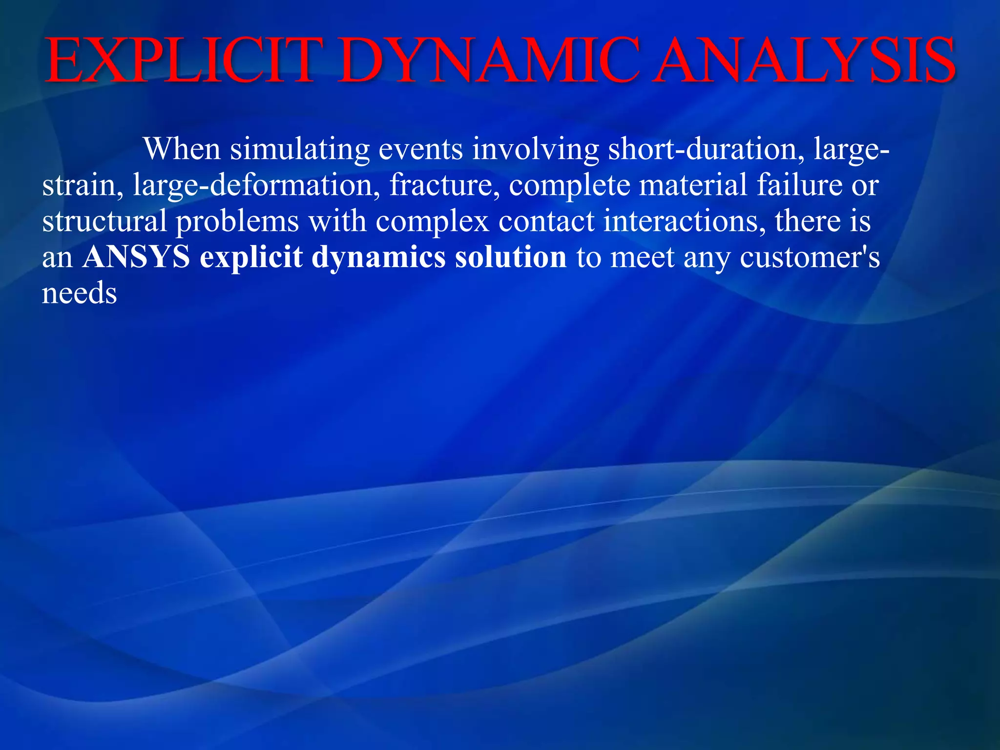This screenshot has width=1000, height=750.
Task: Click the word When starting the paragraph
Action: (182, 148)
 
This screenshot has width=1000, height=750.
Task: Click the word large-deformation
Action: (256, 186)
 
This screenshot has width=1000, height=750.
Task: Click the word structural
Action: (104, 221)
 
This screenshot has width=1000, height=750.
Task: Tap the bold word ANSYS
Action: (136, 257)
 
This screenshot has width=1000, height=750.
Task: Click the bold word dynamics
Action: (378, 258)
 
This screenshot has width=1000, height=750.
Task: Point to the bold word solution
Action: (511, 257)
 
